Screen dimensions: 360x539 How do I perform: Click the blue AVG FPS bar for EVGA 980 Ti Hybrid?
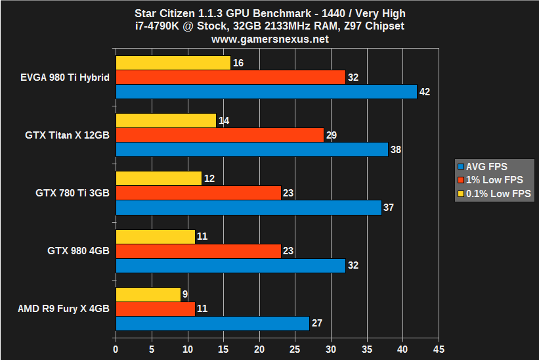266,91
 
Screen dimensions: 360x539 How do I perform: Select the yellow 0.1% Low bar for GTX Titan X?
165,120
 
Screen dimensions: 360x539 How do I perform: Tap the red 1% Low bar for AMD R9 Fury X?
155,308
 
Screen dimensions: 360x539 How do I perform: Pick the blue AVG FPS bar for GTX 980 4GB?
230,265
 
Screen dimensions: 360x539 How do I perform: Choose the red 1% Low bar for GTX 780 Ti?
198,192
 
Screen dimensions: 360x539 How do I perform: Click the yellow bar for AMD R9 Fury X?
148,294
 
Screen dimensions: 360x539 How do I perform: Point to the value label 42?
424,92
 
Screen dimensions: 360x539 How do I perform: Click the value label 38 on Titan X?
395,150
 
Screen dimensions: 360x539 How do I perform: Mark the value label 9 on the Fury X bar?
186,294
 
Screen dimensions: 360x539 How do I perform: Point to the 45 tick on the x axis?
439,349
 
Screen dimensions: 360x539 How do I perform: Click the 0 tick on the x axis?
116,349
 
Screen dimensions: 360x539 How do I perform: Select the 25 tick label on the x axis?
295,349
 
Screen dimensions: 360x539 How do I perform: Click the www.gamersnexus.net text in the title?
270,39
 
